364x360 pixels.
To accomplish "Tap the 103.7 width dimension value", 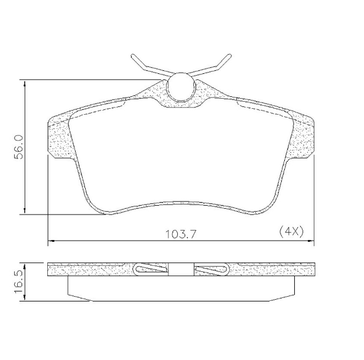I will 181,233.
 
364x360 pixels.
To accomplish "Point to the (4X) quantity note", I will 290,232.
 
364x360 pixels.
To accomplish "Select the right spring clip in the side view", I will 211,269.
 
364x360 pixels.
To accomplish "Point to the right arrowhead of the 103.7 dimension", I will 311,241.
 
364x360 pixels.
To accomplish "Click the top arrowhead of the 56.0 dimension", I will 24,83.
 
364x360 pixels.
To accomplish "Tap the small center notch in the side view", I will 181,269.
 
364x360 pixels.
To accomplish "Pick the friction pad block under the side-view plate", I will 181,288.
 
